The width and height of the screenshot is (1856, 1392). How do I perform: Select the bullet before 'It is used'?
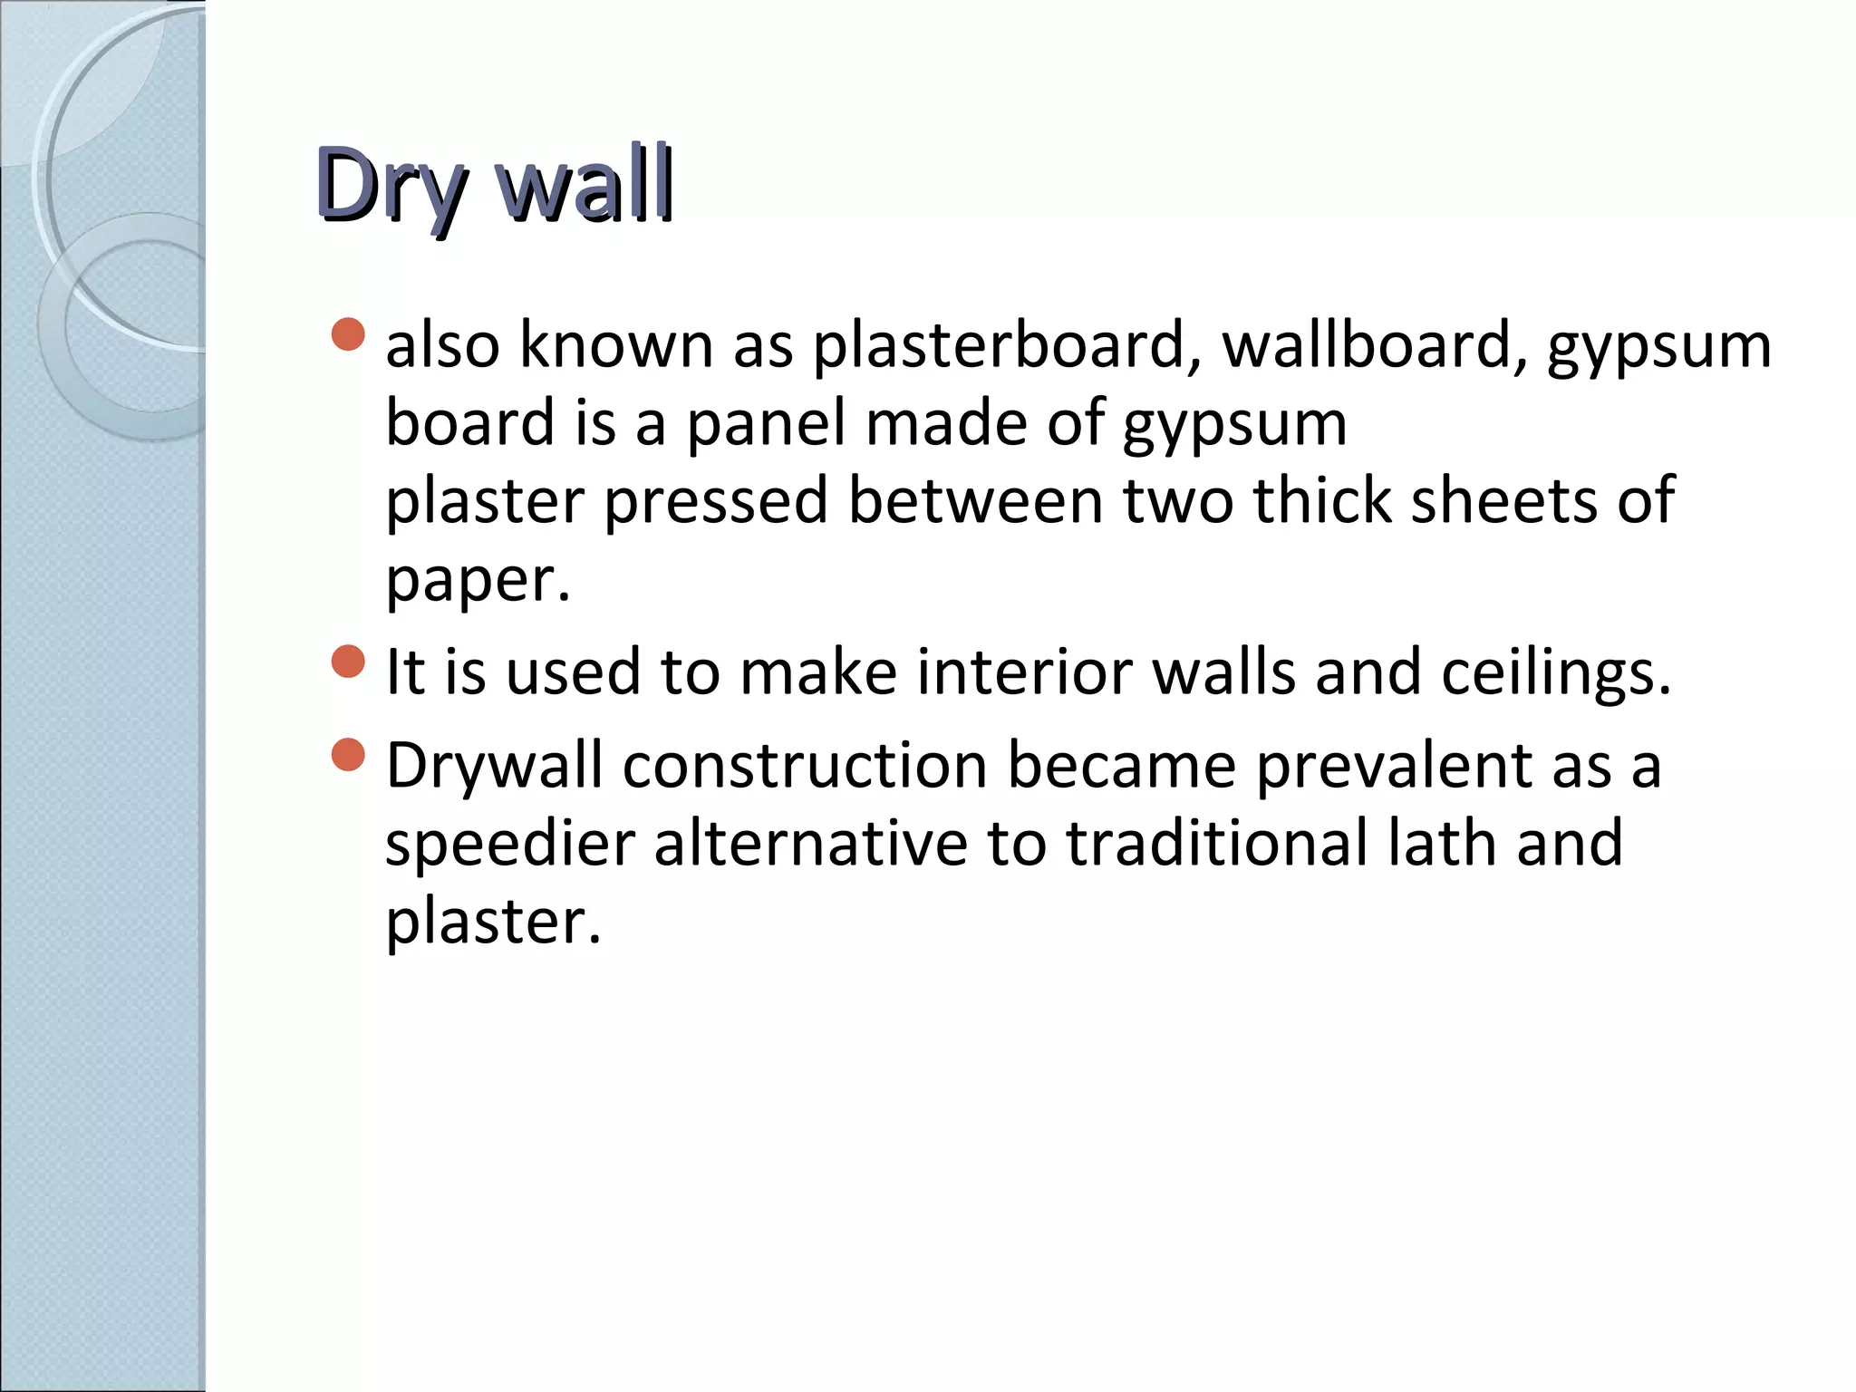tap(348, 661)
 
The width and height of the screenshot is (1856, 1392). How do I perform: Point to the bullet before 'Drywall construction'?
tap(348, 754)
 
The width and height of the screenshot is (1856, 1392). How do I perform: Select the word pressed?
tap(716, 501)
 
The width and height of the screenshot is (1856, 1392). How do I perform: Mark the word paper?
tap(477, 580)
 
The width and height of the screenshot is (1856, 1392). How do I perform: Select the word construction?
tap(805, 767)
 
